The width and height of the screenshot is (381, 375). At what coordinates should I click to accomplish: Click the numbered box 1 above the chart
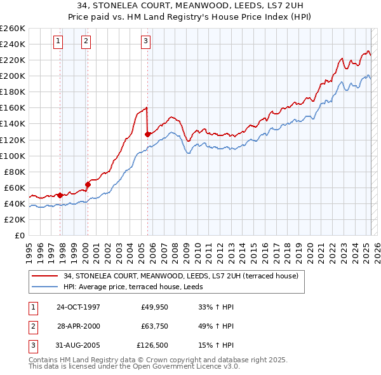click(58, 42)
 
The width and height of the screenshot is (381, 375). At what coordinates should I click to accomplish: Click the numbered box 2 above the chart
click(86, 42)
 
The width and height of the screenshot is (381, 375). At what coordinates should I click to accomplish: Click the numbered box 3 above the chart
click(145, 42)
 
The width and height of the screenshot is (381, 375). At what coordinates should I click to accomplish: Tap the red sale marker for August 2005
click(147, 134)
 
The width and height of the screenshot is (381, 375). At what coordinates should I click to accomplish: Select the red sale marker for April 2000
click(88, 184)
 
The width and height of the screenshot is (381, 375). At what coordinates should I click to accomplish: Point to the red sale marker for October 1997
click(60, 195)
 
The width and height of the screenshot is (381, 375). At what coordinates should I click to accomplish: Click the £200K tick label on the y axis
click(13, 76)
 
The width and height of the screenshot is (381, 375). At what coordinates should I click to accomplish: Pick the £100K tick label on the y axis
click(13, 156)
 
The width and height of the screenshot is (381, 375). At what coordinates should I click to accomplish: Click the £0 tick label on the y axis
click(18, 235)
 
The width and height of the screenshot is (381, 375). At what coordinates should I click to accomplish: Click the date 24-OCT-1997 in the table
click(78, 307)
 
